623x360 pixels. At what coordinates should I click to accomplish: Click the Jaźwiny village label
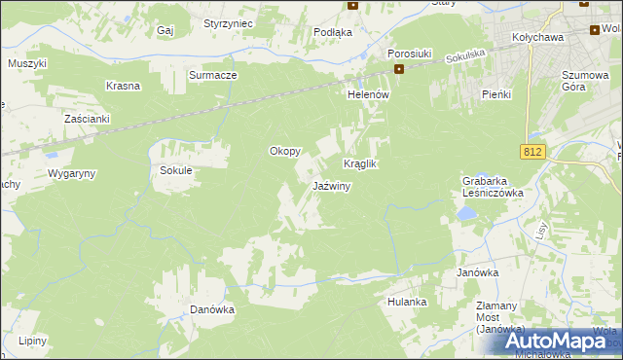[331, 186]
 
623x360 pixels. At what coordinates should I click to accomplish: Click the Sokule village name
[176, 170]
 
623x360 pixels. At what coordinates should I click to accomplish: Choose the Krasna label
[125, 86]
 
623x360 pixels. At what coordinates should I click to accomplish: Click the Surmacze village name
[213, 75]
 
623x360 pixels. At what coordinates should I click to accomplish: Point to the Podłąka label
[333, 32]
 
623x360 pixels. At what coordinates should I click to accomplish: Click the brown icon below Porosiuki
[399, 69]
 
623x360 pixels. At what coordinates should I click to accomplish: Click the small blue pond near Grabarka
[467, 211]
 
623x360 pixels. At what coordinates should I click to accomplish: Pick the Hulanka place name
[407, 302]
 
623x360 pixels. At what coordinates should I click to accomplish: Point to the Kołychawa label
[538, 40]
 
